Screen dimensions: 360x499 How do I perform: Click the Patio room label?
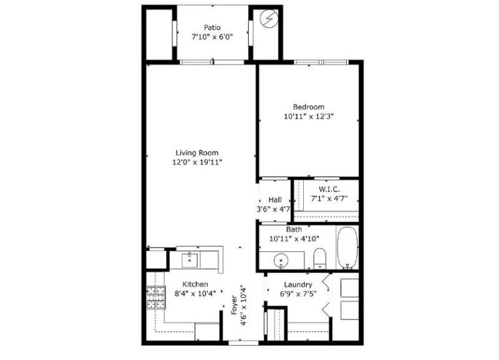(x=213, y=27)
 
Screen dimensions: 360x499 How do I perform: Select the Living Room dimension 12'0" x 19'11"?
(x=198, y=162)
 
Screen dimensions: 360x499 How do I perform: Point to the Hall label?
(x=275, y=200)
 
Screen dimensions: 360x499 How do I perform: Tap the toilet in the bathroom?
(x=320, y=257)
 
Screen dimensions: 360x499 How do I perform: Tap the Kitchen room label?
(x=195, y=284)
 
